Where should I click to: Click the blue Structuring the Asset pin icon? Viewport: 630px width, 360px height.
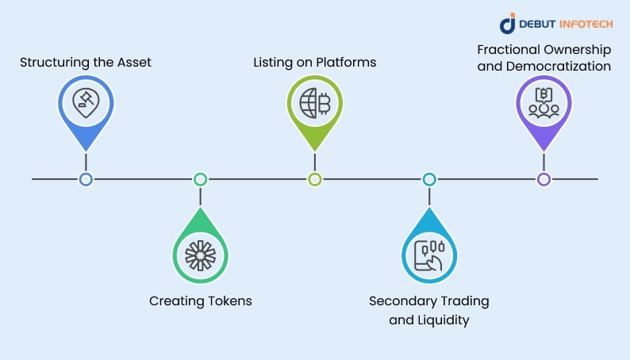86,103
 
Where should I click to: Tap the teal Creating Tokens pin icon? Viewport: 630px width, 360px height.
200,255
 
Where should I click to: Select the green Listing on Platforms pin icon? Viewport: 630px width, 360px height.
314,103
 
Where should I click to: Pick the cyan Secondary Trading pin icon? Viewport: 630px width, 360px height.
428,255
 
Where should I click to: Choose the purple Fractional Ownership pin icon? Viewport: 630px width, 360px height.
544,103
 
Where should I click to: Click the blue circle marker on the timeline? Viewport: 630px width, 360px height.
86,179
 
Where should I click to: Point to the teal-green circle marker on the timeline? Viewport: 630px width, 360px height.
200,179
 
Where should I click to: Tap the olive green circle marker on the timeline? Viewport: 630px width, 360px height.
314,179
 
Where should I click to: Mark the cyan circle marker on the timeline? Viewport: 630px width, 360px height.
429,179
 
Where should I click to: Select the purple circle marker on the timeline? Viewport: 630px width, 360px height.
544,179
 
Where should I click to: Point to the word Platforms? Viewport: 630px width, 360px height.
349,61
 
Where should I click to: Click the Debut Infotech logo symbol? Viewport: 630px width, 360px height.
509,23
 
